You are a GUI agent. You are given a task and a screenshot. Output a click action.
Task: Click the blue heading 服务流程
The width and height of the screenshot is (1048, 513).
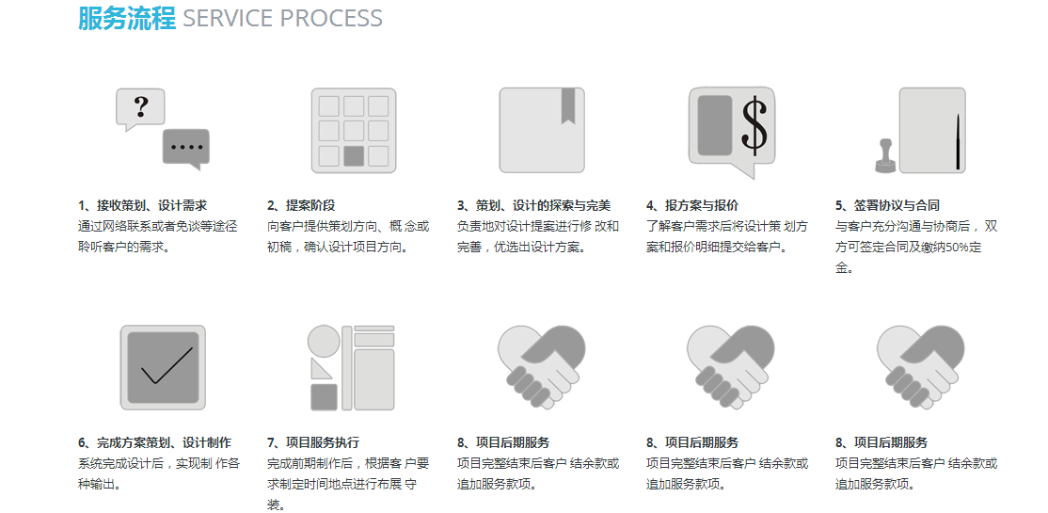127,18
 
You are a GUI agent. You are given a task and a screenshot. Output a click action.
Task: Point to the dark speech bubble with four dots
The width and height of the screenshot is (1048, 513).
186,148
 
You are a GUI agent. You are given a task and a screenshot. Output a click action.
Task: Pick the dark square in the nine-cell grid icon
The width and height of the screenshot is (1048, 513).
354,156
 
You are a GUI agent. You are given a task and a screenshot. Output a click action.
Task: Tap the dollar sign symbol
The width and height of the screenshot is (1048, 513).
754,126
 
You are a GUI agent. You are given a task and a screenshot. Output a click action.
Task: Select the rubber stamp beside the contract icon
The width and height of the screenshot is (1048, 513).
885,156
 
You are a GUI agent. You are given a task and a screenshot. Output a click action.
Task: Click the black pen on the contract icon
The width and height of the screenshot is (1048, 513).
958,141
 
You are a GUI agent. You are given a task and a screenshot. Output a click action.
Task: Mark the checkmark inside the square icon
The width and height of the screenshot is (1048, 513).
167,365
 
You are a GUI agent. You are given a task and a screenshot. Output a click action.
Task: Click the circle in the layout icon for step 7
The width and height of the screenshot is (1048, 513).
324,341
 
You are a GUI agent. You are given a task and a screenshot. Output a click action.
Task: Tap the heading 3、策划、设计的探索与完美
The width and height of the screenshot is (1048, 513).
534,205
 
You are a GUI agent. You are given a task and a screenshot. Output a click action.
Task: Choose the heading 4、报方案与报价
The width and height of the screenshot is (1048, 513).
692,205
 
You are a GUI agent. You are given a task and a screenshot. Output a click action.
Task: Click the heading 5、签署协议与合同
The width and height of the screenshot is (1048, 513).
887,205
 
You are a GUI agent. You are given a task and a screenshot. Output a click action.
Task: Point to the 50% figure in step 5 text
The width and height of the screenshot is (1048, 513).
957,248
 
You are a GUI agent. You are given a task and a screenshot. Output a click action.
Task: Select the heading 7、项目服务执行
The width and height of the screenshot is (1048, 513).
312,442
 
